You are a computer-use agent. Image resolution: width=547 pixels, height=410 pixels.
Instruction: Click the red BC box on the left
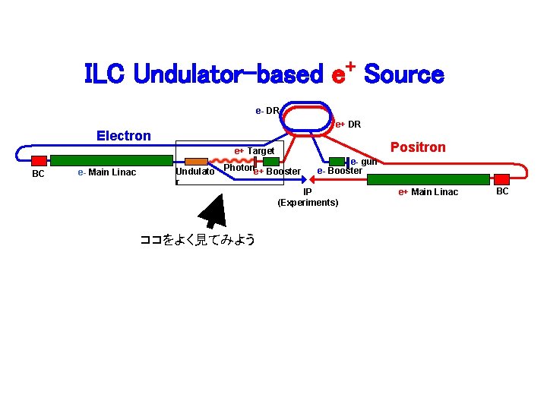pyautogui.click(x=39, y=160)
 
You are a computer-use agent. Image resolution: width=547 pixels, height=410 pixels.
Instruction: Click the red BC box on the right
pyautogui.click(x=502, y=179)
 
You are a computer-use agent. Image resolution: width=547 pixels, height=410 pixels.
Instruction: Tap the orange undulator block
pyautogui.click(x=197, y=161)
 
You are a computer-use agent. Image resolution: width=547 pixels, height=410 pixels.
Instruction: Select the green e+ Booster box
pyautogui.click(x=271, y=161)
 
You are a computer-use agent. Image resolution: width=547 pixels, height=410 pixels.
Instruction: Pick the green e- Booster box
pyautogui.click(x=337, y=161)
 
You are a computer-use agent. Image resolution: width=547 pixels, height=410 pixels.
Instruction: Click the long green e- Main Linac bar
pyautogui.click(x=112, y=160)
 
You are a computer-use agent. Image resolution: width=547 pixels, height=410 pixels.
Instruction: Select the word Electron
pyautogui.click(x=124, y=136)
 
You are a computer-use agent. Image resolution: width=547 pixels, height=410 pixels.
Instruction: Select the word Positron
pyautogui.click(x=418, y=147)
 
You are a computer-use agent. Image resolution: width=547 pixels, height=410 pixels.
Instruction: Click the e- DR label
pyautogui.click(x=267, y=111)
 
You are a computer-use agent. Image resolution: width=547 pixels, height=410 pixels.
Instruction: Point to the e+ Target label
pyautogui.click(x=254, y=151)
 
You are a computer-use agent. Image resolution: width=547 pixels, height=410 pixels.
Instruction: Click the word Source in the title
pyautogui.click(x=403, y=75)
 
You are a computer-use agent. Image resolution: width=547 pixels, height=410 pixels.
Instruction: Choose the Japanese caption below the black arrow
pyautogui.click(x=197, y=240)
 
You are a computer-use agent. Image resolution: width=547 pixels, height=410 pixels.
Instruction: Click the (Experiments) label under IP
pyautogui.click(x=308, y=203)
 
